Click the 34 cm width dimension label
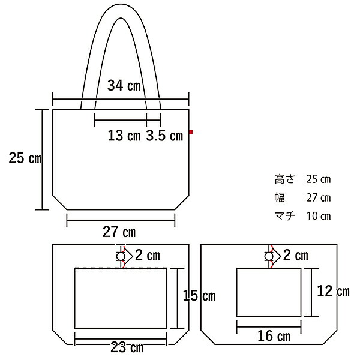(124, 86)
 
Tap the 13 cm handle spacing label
(124, 136)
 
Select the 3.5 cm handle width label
(164, 136)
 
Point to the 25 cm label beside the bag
(24, 158)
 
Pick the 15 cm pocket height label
(199, 296)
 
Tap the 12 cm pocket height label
(332, 292)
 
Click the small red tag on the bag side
(190, 131)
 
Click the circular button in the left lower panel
(120, 257)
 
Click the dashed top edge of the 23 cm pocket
(120, 268)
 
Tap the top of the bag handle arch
(121, 12)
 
